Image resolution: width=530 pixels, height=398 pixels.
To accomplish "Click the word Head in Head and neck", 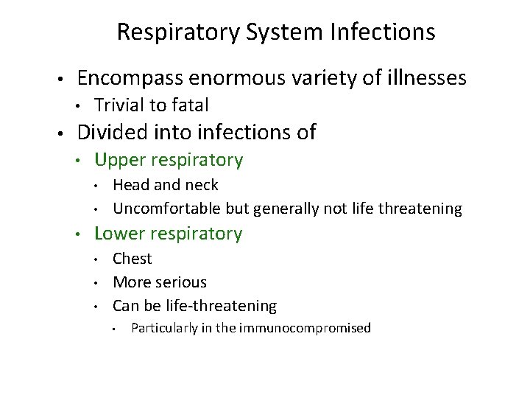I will click(x=129, y=185).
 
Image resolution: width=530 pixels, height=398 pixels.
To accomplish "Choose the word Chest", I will click(x=132, y=259).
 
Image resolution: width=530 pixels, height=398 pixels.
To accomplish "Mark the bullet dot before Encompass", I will click(x=60, y=80).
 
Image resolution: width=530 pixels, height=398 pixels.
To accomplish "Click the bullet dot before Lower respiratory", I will click(x=78, y=235).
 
